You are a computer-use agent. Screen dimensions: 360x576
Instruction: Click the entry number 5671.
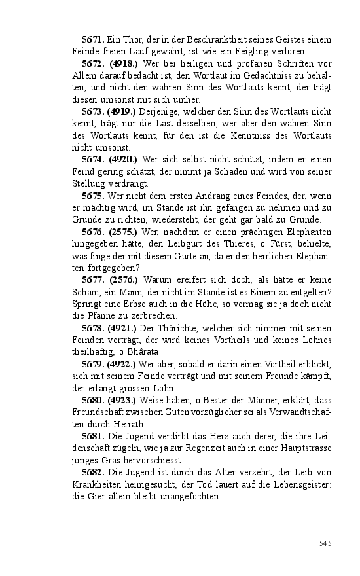(x=93, y=40)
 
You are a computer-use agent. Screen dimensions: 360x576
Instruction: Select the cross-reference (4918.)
(x=122, y=63)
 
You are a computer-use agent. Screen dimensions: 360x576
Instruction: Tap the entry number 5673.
(x=93, y=111)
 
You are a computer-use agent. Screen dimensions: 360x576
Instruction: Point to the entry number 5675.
(x=93, y=195)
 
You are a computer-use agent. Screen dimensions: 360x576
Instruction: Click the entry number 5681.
(x=93, y=435)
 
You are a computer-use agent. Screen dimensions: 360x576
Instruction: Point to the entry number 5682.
(x=93, y=471)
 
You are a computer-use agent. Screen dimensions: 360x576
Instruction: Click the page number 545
(x=325, y=543)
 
